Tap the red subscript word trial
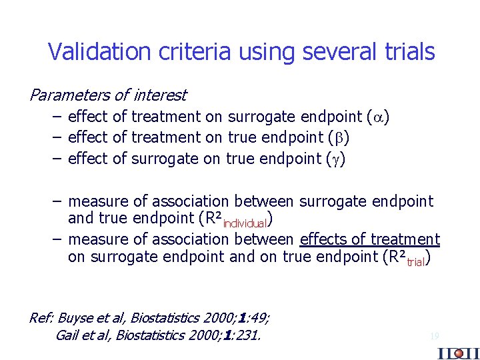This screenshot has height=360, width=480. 415,262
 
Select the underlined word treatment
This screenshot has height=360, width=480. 405,239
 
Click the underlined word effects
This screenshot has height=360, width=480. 325,239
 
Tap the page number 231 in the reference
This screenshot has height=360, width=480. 246,335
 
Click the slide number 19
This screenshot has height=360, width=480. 435,337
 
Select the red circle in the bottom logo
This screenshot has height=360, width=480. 458,353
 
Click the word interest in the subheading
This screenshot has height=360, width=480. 161,95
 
